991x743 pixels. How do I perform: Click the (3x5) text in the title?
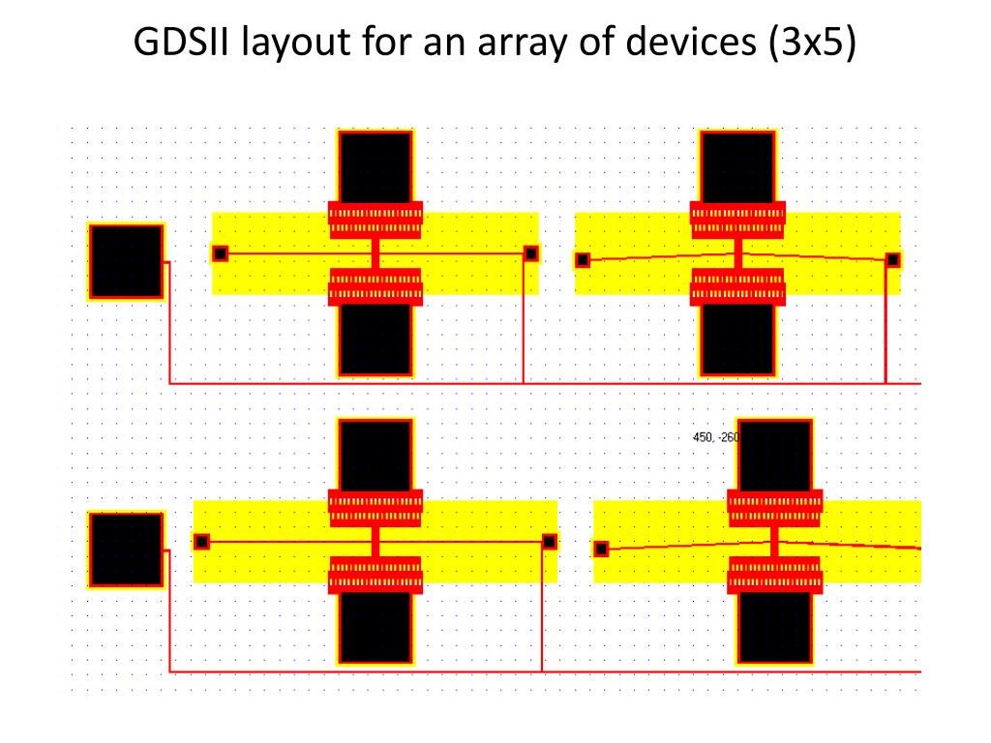813,45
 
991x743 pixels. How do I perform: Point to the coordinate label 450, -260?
715,437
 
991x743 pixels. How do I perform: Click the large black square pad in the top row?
126,261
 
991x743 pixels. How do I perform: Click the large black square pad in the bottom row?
126,550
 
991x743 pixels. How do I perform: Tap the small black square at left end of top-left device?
220,253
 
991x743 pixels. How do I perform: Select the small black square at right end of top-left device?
531,253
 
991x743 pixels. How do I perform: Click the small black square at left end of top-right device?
583,259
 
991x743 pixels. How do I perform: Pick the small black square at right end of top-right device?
893,259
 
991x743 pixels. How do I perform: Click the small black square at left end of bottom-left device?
201,542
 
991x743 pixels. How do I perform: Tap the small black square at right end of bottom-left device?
550,542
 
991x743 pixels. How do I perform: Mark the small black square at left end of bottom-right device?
601,549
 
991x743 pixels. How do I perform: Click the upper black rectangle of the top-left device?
375,166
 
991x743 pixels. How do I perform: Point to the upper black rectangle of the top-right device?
737,166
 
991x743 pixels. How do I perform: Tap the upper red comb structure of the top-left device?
375,220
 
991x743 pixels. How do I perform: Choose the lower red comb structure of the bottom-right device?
774,575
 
